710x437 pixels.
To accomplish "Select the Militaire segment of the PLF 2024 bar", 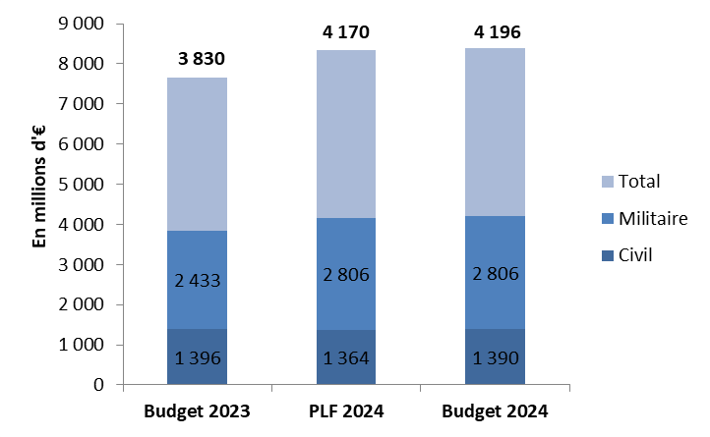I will tap(345, 246).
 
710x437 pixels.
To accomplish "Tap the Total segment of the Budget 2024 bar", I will tap(496, 132).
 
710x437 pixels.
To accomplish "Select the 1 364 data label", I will tap(345, 356).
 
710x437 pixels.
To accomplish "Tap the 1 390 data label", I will tap(496, 356).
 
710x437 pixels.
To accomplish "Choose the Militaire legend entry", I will tap(645, 218).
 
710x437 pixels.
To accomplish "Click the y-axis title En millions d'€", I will tap(40, 205).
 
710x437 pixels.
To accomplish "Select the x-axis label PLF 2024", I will tap(345, 410).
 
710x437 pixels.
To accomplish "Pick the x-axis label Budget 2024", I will tap(496, 410).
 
